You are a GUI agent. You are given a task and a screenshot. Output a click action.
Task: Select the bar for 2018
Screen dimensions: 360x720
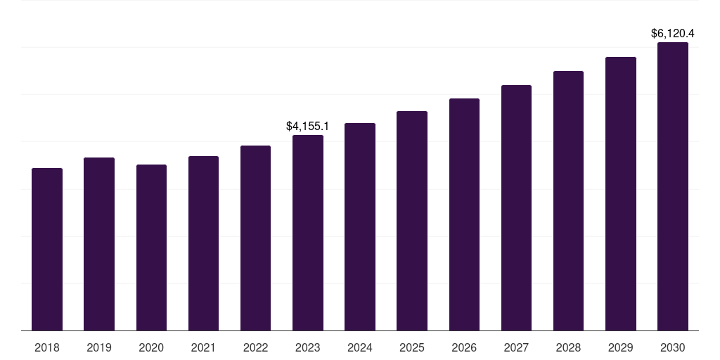[x=47, y=250]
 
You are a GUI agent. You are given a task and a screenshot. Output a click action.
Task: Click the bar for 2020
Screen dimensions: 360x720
[x=151, y=247]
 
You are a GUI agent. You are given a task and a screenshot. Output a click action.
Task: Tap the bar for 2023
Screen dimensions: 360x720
[x=308, y=233]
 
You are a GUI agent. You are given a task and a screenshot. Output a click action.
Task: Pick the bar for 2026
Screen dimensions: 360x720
[x=464, y=214]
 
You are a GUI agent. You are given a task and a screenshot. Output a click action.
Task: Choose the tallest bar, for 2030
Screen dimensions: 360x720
[x=673, y=186]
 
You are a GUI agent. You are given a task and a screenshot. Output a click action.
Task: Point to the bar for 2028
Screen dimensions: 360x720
[x=568, y=201]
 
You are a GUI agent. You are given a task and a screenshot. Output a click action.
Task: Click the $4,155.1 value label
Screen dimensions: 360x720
[x=307, y=126]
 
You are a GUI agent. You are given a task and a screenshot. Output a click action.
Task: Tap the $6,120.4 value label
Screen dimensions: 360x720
[x=673, y=33]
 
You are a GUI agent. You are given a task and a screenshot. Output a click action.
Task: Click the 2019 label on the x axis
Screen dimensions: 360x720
[x=99, y=347]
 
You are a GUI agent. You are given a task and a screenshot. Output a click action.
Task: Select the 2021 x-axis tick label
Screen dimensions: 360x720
[x=203, y=347]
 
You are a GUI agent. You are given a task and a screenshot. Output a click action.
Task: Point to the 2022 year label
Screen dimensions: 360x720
[x=255, y=347]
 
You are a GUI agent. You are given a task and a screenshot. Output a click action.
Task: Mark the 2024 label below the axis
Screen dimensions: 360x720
[x=360, y=347]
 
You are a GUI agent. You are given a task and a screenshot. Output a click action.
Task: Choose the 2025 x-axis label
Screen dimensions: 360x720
[x=412, y=347]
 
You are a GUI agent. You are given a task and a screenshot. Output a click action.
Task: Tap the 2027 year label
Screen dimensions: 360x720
[x=516, y=347]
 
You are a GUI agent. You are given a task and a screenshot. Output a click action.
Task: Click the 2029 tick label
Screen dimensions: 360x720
[x=620, y=347]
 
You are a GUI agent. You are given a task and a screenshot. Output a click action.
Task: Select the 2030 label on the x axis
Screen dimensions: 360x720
[x=673, y=347]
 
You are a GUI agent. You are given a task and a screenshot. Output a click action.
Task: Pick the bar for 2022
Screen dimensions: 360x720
[x=255, y=238]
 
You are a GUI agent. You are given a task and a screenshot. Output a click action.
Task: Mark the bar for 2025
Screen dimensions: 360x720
[x=412, y=221]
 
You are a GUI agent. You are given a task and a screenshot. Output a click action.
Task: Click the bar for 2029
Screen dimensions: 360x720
[x=620, y=194]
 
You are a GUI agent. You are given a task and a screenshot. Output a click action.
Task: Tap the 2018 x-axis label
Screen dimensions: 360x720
[x=47, y=347]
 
